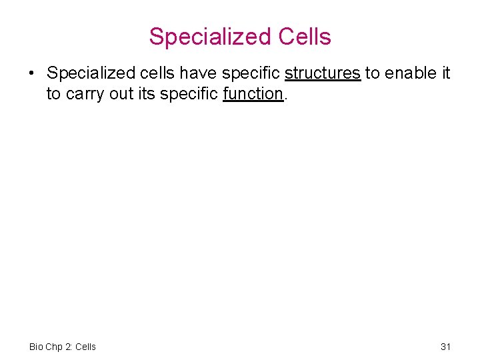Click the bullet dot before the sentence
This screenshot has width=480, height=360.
click(32, 73)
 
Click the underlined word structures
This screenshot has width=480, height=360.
click(323, 73)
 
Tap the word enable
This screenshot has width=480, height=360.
click(411, 73)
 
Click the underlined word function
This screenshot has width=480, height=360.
click(253, 94)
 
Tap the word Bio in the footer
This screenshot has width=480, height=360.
click(37, 347)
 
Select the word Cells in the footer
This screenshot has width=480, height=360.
click(86, 347)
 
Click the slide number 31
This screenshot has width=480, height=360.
click(446, 347)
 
